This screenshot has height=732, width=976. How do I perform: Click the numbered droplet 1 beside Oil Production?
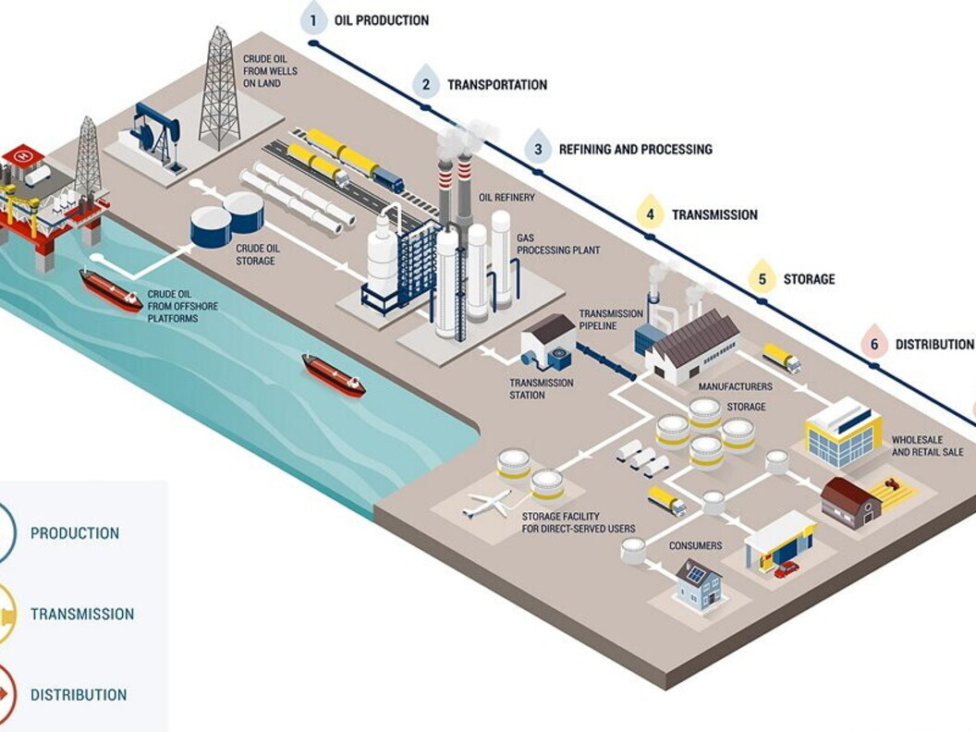pos(313,19)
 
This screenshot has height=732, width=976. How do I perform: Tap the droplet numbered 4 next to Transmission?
pos(651,213)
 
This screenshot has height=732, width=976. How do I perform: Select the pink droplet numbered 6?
pos(873,343)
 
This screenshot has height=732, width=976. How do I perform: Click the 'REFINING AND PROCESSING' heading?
pos(635,149)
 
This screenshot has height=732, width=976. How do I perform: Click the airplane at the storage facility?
pos(486,505)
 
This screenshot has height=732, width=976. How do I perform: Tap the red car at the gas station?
pos(787,569)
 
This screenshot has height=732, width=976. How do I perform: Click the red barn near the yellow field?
pos(850,502)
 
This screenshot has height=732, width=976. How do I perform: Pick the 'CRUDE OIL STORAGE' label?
pos(255,255)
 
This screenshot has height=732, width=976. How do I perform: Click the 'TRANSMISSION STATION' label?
pos(541,389)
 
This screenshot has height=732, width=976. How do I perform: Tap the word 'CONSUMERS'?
pos(695,546)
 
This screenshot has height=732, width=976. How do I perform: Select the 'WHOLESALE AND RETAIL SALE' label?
pos(927,445)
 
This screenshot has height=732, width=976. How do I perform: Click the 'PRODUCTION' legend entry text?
pos(75,533)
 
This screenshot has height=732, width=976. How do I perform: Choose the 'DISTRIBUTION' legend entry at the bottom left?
pos(79,695)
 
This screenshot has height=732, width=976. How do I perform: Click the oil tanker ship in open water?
pos(334,374)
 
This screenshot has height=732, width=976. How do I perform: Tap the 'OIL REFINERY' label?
pos(506,197)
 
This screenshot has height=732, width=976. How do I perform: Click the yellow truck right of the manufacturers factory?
pos(781,358)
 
